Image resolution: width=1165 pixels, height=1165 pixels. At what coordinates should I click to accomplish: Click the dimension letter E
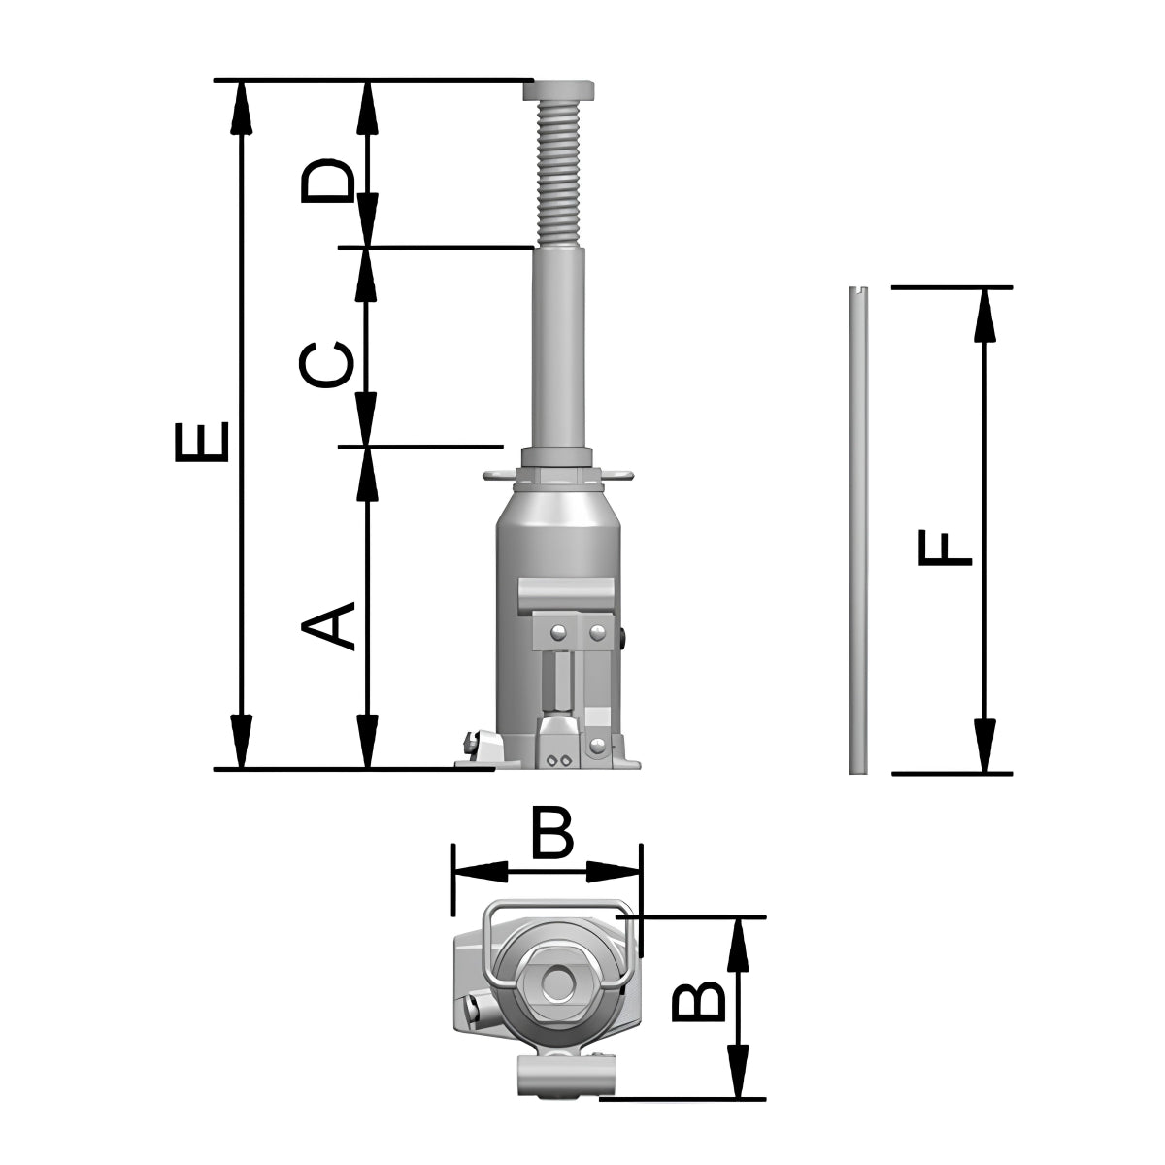coord(201,442)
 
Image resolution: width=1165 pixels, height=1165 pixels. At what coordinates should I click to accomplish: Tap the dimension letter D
coord(326,181)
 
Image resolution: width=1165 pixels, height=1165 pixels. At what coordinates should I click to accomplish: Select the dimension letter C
coord(326,365)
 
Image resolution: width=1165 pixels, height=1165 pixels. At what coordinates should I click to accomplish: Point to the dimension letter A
coord(328,626)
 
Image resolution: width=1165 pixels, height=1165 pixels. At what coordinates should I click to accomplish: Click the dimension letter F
coord(945,548)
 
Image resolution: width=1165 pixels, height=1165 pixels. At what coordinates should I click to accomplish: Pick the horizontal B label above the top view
coord(552,831)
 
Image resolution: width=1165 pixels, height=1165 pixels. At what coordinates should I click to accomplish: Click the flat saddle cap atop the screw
coord(558,90)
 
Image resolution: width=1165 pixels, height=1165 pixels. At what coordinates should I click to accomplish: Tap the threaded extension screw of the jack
coord(558,174)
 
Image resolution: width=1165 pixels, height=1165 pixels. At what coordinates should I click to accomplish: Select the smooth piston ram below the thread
coord(558,348)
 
